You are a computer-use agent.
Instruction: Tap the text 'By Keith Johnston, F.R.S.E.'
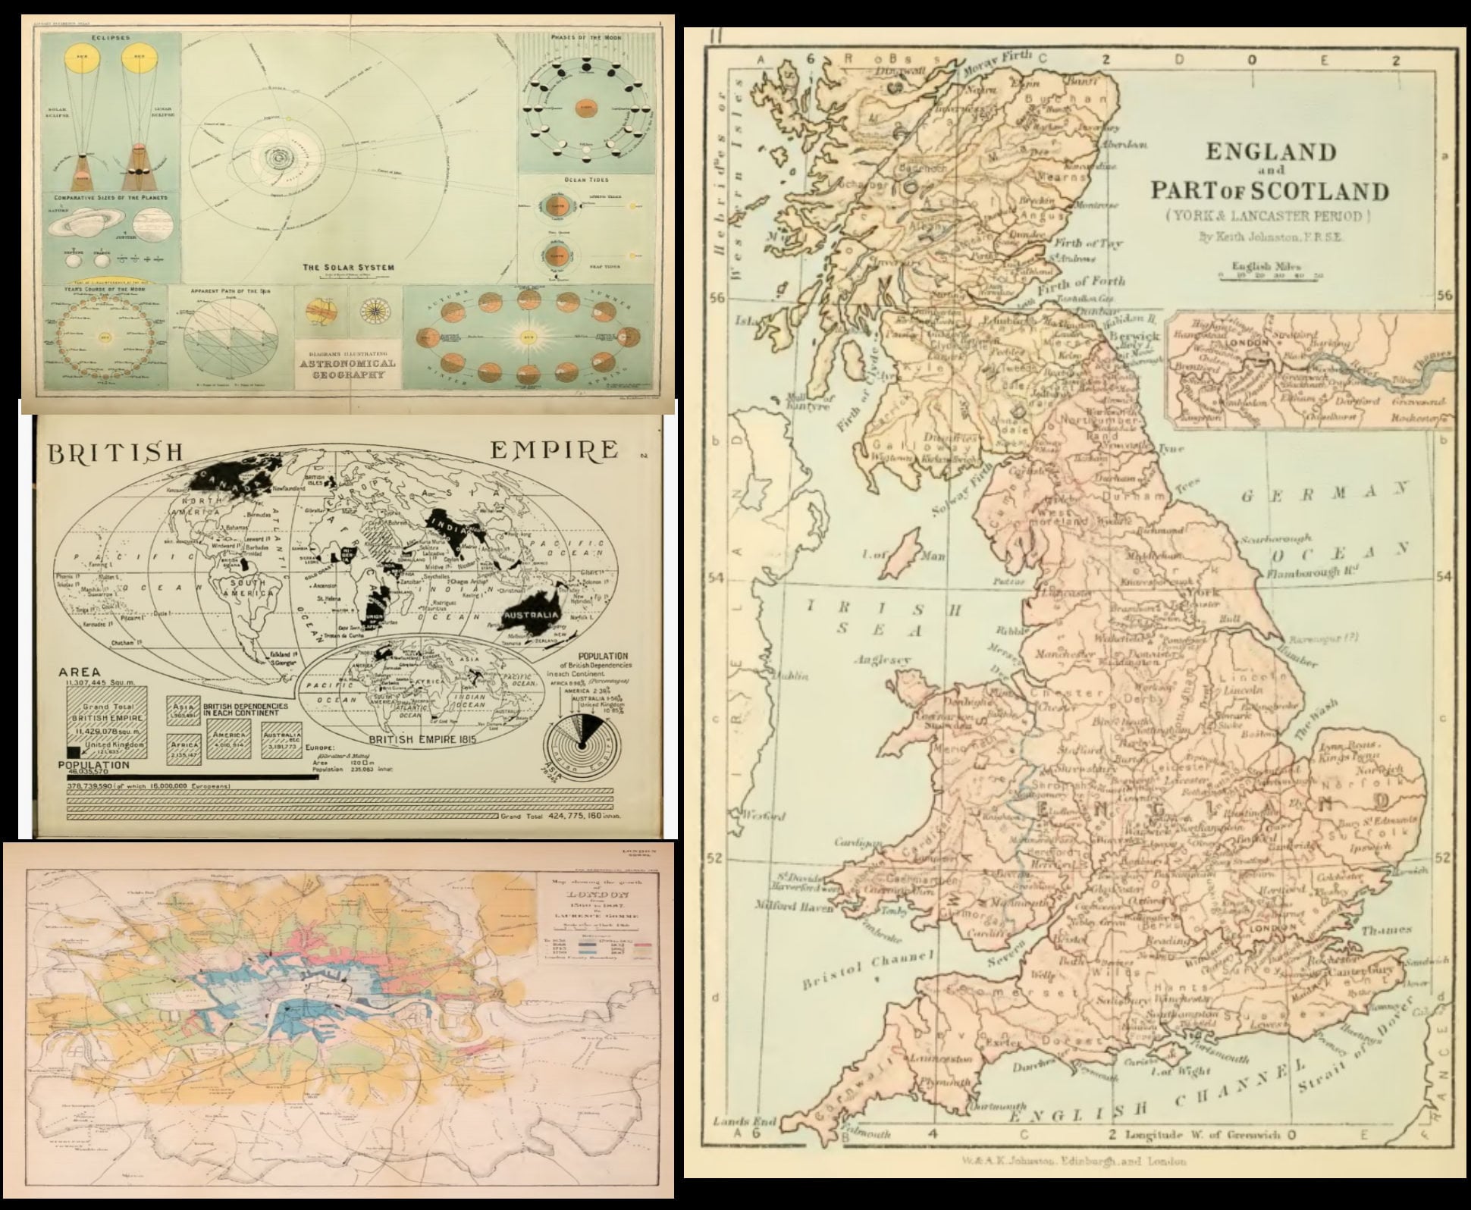(1270, 237)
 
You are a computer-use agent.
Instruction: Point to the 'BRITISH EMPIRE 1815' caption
(422, 738)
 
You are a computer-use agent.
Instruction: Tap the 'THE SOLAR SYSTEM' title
(348, 268)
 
